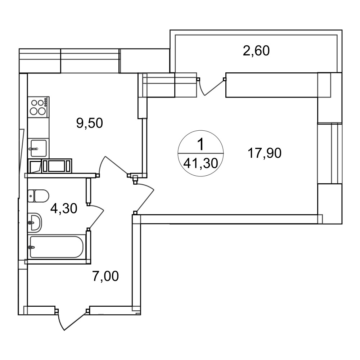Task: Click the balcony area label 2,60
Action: (x=256, y=51)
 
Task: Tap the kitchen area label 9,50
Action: (x=90, y=123)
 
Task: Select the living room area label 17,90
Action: (x=265, y=153)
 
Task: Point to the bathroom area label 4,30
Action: (x=64, y=208)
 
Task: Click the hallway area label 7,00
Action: (x=105, y=276)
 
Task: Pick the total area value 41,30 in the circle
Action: (x=201, y=163)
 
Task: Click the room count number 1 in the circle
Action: (x=201, y=145)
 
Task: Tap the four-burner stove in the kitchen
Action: (x=39, y=107)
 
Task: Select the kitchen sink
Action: (x=39, y=148)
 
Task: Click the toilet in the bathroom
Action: (x=39, y=196)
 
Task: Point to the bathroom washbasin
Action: (x=35, y=222)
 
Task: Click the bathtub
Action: (x=57, y=247)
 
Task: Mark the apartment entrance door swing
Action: (x=72, y=320)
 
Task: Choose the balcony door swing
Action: (x=211, y=86)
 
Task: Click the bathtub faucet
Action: (x=31, y=247)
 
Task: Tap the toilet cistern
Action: (x=31, y=196)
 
